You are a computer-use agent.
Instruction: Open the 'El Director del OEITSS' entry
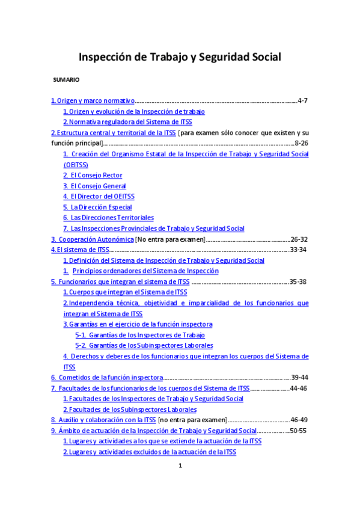99,196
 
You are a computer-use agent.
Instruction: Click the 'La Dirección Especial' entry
97,207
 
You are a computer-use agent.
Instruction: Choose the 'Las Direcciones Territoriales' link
108,217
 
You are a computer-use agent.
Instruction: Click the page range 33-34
299,250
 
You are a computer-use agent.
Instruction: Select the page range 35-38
298,281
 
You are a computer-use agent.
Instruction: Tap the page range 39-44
299,377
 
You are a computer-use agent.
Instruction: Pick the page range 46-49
299,420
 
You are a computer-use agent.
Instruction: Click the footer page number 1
180,466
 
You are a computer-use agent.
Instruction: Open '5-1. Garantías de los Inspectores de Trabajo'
140,335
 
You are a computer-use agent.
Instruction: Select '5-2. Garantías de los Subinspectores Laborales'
144,345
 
